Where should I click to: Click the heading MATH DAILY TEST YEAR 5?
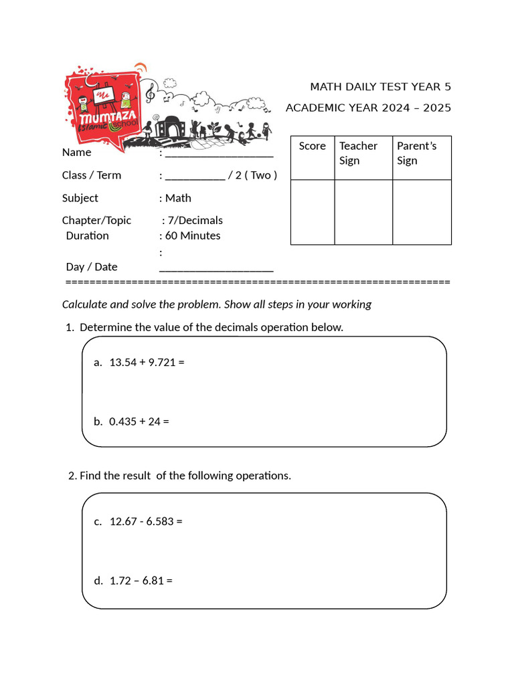(x=380, y=87)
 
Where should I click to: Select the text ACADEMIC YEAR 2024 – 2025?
(x=368, y=108)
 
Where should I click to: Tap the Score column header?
(x=312, y=146)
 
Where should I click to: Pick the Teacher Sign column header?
(x=358, y=153)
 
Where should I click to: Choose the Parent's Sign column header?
(x=416, y=153)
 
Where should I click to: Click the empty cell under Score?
(x=313, y=212)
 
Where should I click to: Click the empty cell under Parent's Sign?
(x=422, y=212)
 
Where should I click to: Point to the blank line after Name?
(x=219, y=153)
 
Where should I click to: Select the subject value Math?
(x=178, y=198)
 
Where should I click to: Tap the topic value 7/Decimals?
(x=195, y=220)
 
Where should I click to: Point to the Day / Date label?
(x=92, y=267)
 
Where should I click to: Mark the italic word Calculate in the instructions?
(x=85, y=304)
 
